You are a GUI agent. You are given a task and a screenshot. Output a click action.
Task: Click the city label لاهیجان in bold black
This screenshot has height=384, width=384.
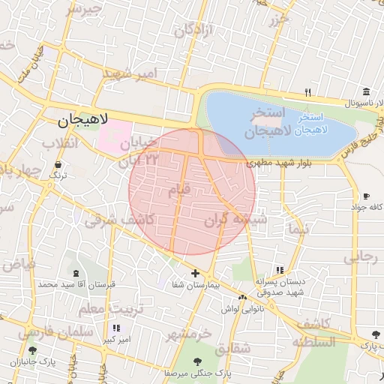pyautogui.click(x=83, y=119)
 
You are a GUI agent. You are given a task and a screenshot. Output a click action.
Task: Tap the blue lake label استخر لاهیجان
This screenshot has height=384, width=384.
pyautogui.click(x=310, y=124)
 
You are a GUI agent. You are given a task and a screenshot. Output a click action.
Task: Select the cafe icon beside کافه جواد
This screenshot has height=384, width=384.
pyautogui.click(x=365, y=196)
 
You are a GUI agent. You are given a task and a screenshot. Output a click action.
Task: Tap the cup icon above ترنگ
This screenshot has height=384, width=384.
pyautogui.click(x=58, y=164)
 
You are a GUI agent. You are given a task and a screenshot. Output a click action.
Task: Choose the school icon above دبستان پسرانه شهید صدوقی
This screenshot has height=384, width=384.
pyautogui.click(x=280, y=270)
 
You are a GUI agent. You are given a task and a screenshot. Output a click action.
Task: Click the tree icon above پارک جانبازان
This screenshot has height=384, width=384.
pyautogui.click(x=31, y=350)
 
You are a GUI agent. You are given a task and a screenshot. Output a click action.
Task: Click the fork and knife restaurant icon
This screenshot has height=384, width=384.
pyautogui.click(x=307, y=92)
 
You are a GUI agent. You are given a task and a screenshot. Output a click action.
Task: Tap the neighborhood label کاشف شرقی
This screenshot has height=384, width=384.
pyautogui.click(x=119, y=220)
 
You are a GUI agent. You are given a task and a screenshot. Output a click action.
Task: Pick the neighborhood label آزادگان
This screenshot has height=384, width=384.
pyautogui.click(x=194, y=31)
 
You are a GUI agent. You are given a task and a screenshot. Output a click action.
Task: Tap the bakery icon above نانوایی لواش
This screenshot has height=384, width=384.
pyautogui.click(x=242, y=298)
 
